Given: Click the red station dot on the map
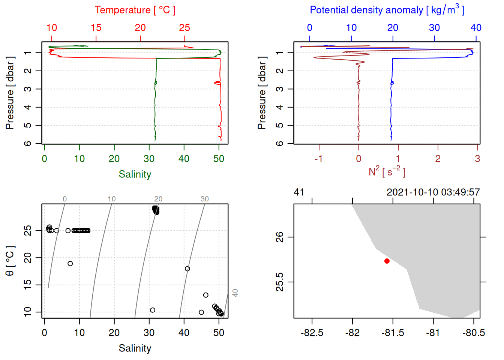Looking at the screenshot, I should coord(387,261).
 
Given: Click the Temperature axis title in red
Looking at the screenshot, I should coord(135,10).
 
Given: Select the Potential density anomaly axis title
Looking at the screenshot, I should coord(387,10).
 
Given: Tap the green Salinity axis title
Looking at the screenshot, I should coord(135,174).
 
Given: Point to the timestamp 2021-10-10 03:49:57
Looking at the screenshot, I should coord(433,192).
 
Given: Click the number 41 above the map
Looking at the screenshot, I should coord(299,192).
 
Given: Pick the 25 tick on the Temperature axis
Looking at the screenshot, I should coord(184,28).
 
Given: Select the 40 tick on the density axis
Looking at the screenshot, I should coord(476,28).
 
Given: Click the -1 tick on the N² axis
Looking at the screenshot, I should coord(319,159).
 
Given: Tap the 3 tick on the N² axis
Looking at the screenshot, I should coord(477,159).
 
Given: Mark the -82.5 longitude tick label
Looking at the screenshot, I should coord(312,333).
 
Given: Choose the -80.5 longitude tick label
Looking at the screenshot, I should coord(474,333).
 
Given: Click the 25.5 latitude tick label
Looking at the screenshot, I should coord(280,282).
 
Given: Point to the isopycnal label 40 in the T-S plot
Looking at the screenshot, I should coord(235,293).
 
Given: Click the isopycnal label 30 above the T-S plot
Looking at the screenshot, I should coord(204,199).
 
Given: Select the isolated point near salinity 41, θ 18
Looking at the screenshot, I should coord(187,269).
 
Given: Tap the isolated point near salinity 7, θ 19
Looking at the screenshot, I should coord(70,264).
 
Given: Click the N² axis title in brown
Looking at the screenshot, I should coord(387,171).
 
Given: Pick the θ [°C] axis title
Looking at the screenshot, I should coord(10,261).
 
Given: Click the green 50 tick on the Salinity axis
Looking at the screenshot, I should coord(219,159).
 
